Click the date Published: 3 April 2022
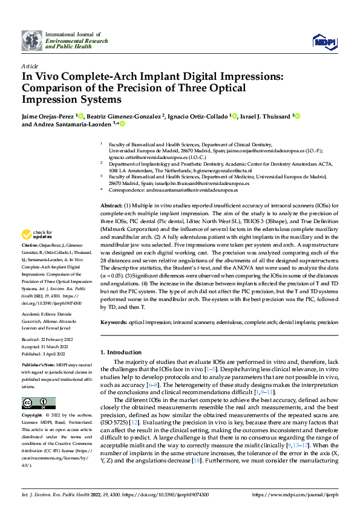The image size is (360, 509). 46,352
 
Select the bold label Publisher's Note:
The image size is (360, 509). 39,366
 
